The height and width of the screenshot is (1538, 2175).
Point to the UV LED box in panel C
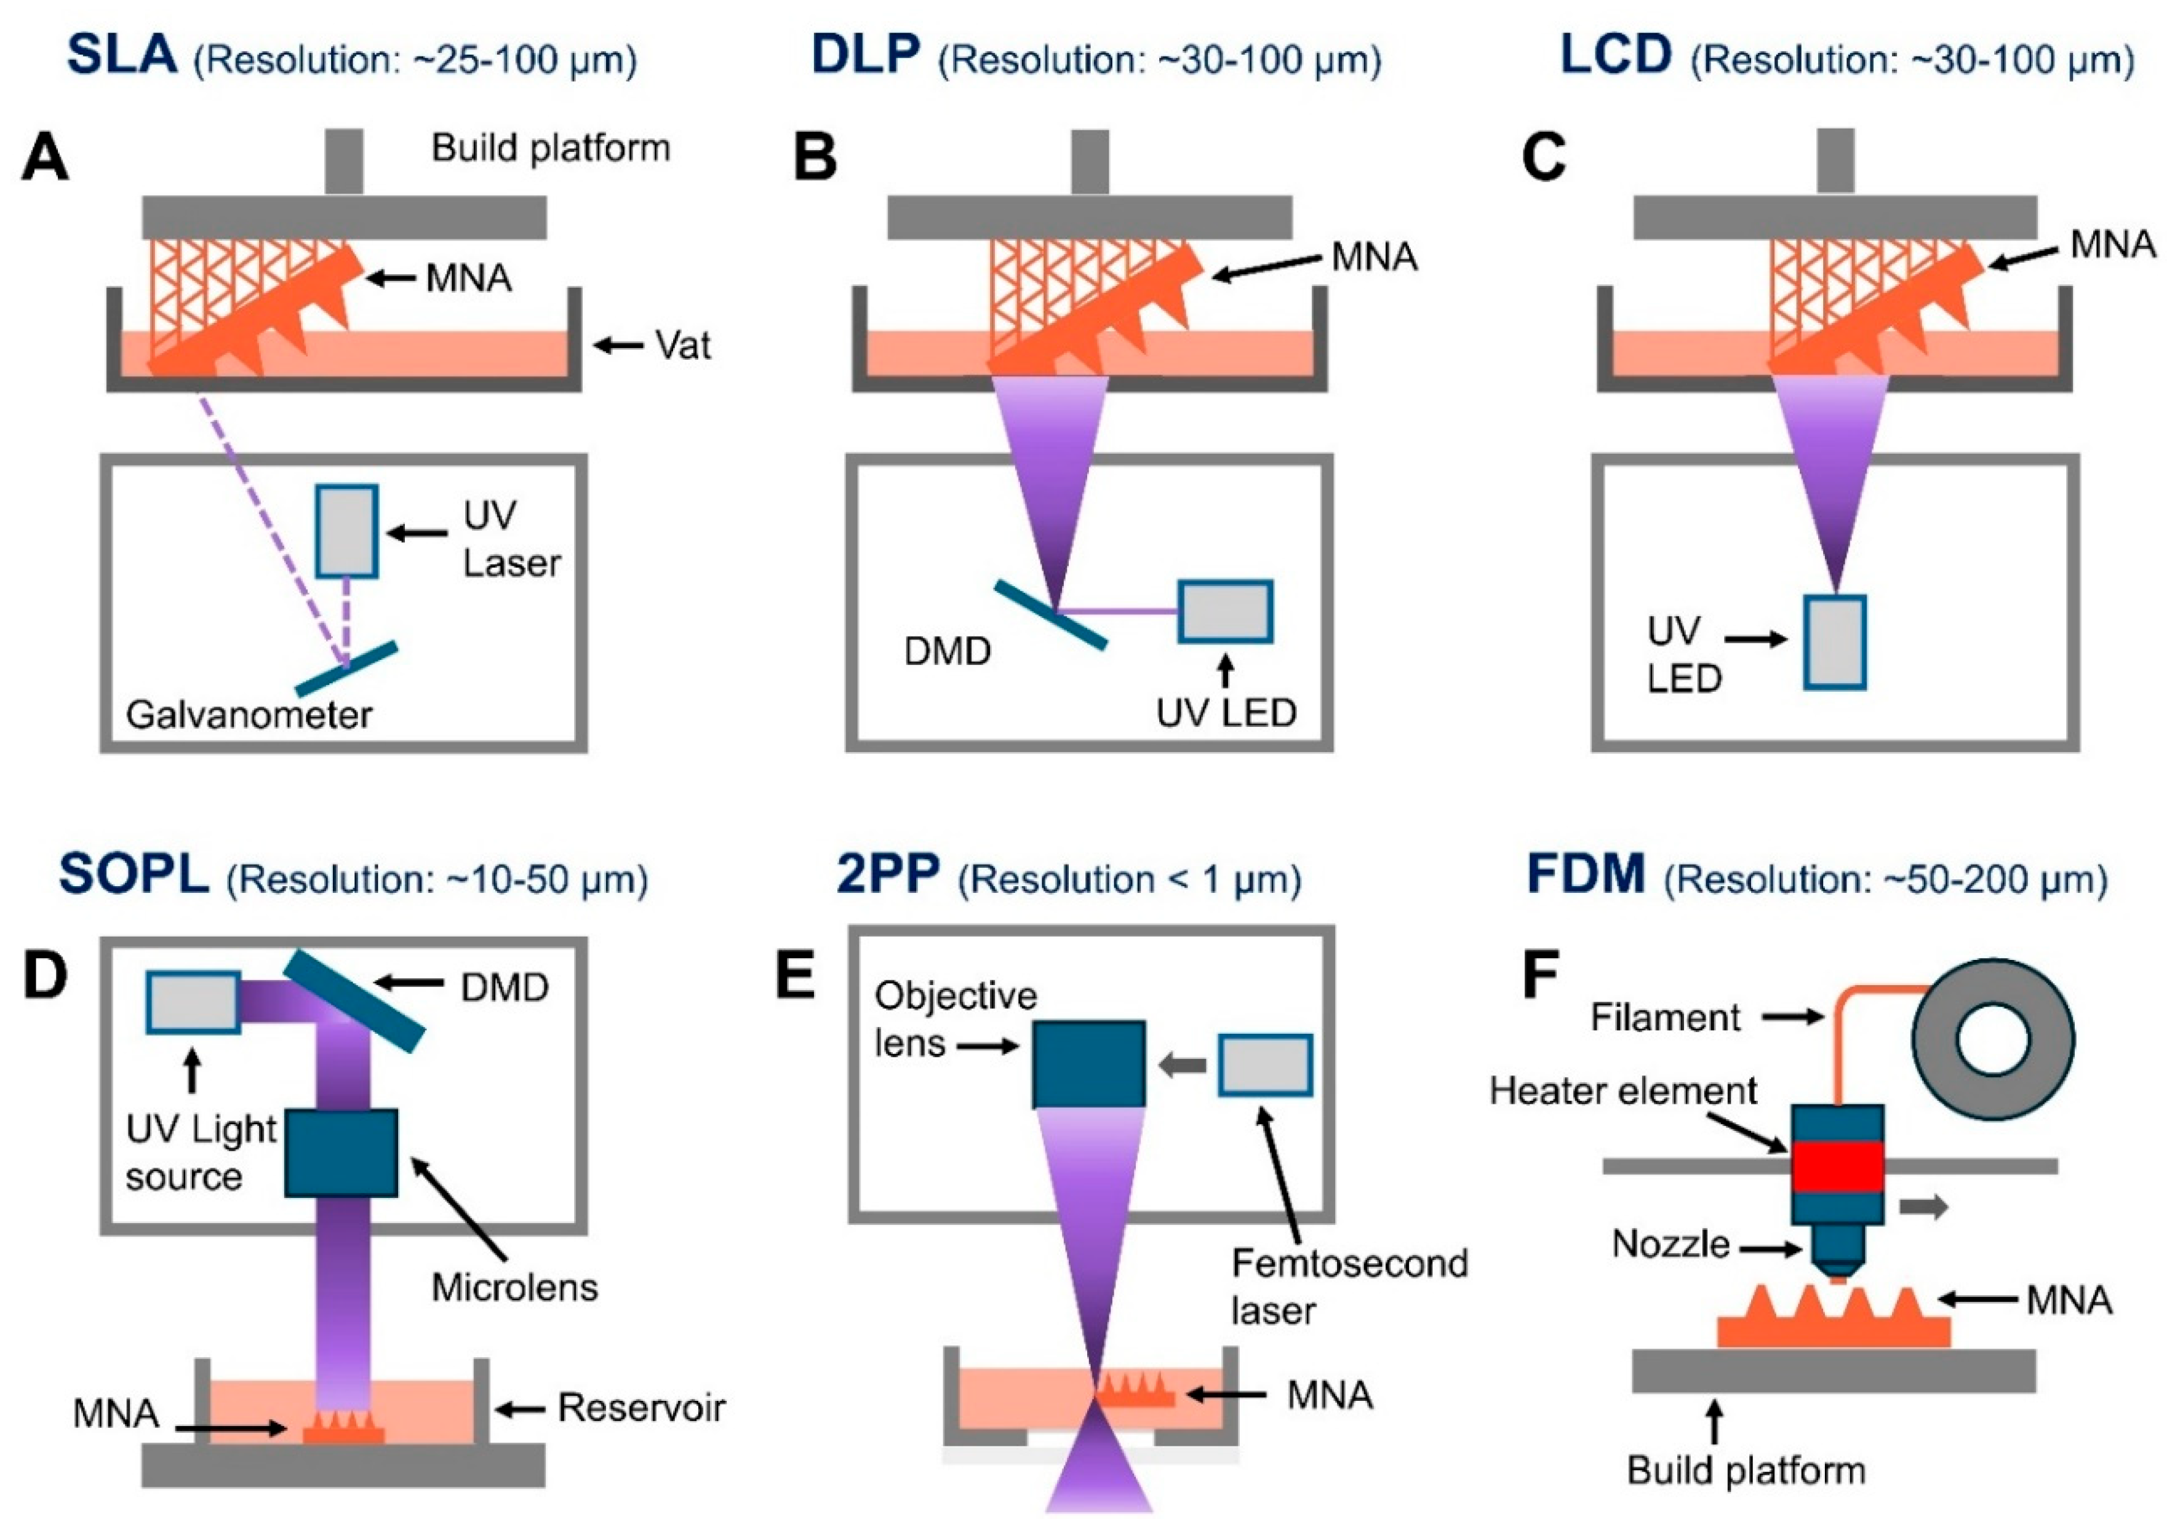point(1834,641)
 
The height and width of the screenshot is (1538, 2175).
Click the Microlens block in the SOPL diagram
point(341,1152)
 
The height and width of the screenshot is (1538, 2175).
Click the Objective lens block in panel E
point(1088,1063)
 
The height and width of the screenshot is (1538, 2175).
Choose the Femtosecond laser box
point(1264,1066)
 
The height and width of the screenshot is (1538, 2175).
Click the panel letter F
point(1540,977)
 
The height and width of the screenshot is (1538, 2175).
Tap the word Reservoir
point(641,1408)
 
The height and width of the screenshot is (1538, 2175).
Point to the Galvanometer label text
point(249,715)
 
